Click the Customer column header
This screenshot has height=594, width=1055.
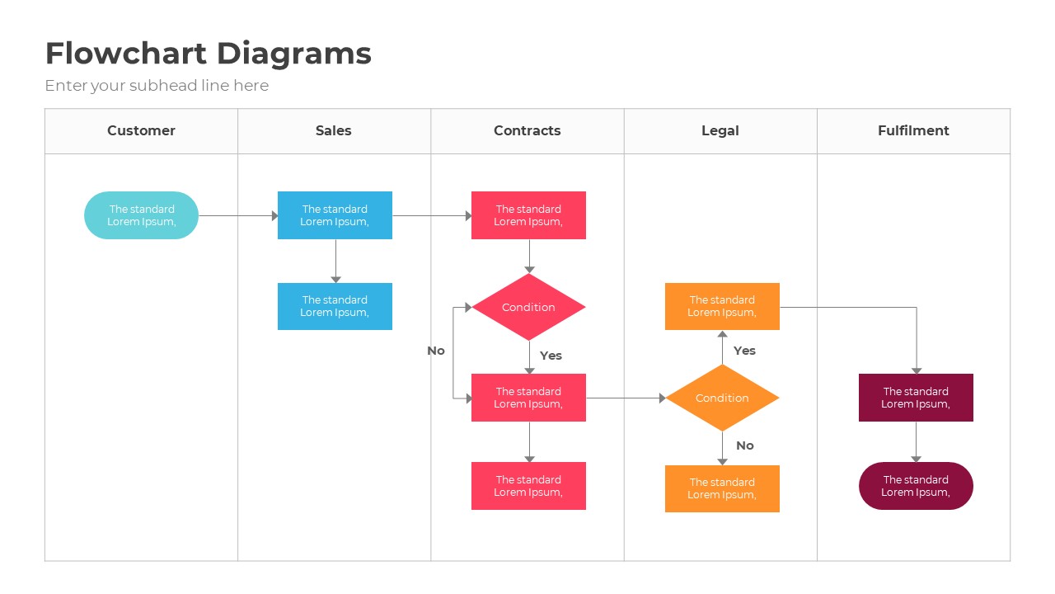pos(141,130)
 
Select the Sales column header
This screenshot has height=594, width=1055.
pos(334,130)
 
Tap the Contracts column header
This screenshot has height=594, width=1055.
pos(527,130)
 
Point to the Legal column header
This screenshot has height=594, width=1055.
pos(720,130)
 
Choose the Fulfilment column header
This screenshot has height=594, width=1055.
pos(913,130)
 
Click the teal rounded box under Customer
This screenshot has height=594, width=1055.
pos(141,215)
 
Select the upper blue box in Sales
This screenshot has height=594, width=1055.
pos(335,215)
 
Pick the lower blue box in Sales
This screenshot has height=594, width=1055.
pos(335,306)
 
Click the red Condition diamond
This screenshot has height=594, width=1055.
pos(528,307)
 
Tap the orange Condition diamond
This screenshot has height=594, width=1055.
pos(722,398)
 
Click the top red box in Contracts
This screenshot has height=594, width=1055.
pos(528,215)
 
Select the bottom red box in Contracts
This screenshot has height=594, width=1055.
pos(528,486)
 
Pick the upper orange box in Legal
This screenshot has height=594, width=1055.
pos(722,306)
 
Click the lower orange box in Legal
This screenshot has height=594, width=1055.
pos(722,488)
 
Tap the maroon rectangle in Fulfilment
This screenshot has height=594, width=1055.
pos(916,398)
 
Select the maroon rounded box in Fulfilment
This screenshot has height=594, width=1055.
pos(916,486)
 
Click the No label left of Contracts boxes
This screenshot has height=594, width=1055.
pos(436,351)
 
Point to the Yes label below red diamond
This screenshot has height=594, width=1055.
pos(551,356)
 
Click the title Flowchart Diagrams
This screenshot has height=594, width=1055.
pos(208,54)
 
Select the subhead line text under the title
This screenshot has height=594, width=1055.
pos(157,86)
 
